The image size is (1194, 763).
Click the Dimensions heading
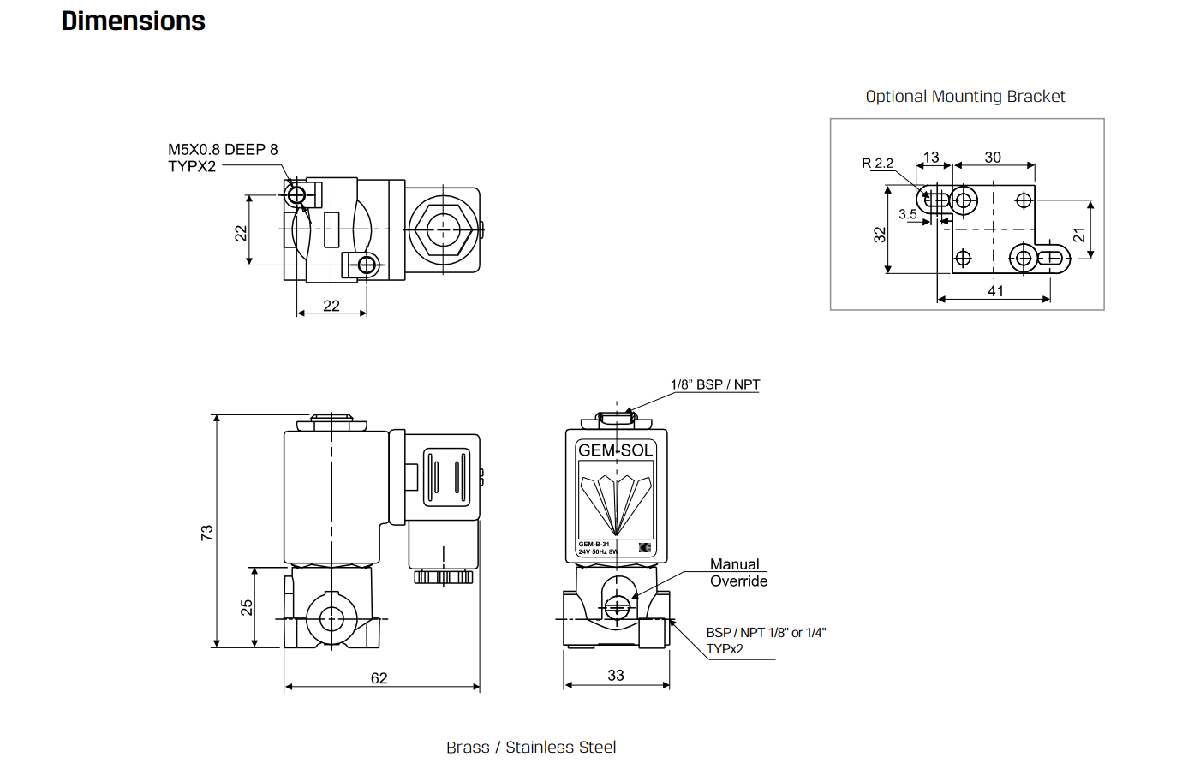(x=134, y=21)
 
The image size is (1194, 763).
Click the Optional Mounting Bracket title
(x=964, y=97)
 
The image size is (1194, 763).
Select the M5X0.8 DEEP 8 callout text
(x=223, y=150)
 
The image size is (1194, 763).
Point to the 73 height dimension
(x=206, y=533)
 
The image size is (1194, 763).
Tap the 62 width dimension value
(x=379, y=678)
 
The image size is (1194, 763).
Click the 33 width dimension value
(x=616, y=676)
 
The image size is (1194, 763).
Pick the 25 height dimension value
(x=247, y=607)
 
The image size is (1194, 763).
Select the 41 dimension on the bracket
(x=995, y=291)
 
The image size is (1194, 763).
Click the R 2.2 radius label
(x=877, y=164)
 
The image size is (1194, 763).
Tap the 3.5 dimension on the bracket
(x=908, y=214)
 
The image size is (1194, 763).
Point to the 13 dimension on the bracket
(x=931, y=158)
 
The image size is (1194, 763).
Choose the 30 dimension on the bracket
(x=993, y=158)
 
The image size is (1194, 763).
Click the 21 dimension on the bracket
(x=1079, y=235)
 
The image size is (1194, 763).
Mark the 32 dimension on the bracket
(x=880, y=235)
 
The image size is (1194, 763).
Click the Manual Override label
(x=739, y=573)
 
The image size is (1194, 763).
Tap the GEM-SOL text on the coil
(x=616, y=450)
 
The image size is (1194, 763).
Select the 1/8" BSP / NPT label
(x=715, y=384)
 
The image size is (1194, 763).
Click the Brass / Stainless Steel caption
(x=531, y=748)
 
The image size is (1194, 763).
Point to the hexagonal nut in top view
(x=443, y=229)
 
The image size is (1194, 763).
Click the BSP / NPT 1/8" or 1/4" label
(x=766, y=633)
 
